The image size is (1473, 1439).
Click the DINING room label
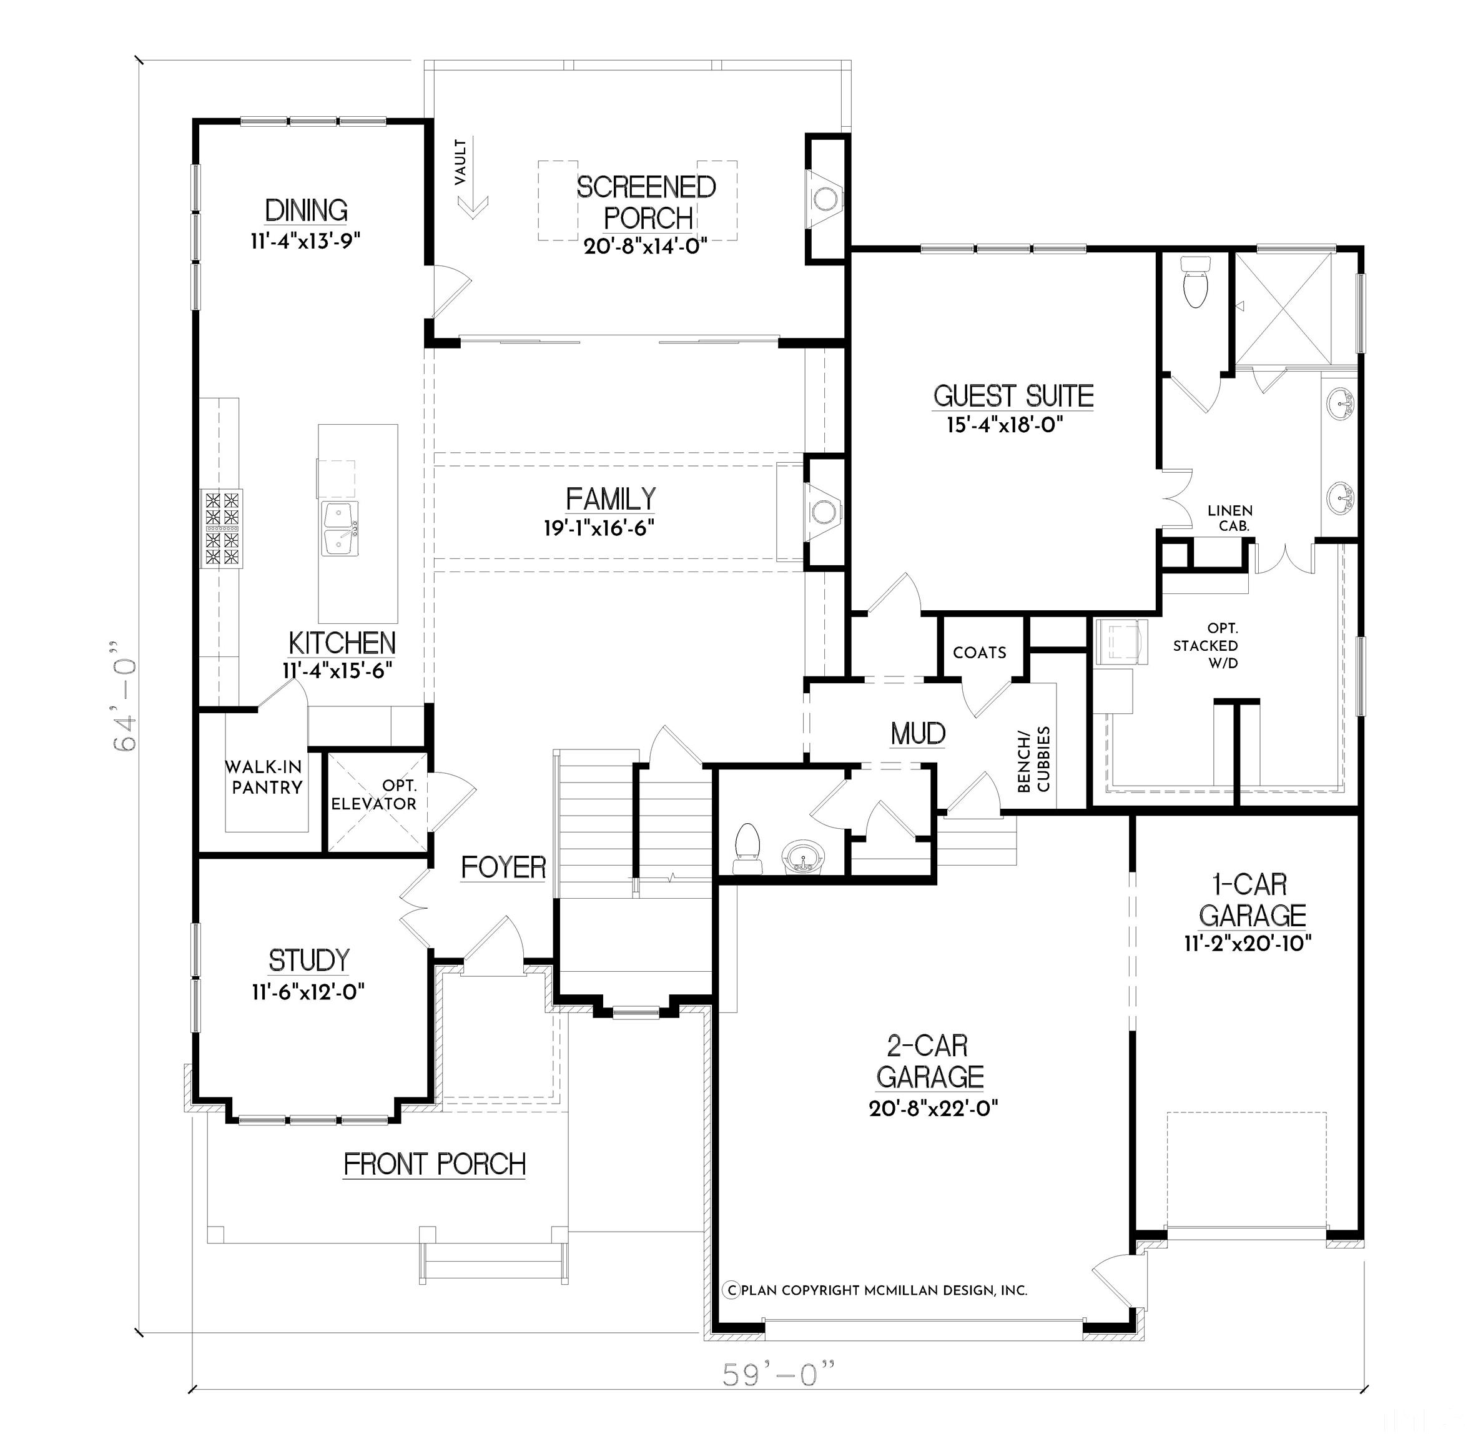point(306,210)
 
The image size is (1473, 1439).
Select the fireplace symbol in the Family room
point(823,511)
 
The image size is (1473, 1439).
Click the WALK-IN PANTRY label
point(264,777)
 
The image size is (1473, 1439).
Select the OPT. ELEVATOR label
point(375,795)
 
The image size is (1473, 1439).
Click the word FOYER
point(503,868)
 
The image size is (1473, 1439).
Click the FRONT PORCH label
point(435,1165)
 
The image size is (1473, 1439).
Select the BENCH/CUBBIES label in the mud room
point(1033,759)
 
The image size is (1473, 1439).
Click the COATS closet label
point(980,652)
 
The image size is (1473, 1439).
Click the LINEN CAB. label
point(1229,518)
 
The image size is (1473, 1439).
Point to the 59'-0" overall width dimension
point(779,1374)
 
